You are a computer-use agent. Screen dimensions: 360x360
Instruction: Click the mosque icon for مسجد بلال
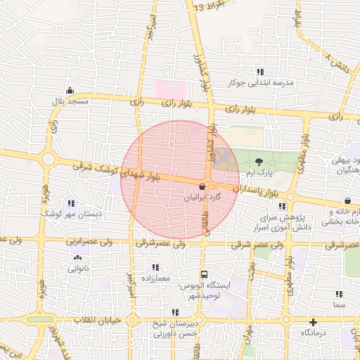click(x=69, y=91)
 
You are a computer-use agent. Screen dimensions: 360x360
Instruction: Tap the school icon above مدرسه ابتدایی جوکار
click(x=260, y=72)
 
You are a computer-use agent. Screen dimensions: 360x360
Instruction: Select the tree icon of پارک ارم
click(x=260, y=161)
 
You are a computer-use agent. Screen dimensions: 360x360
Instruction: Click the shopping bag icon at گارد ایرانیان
click(x=203, y=187)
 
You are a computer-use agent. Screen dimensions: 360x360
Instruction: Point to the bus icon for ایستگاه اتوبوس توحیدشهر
click(x=204, y=274)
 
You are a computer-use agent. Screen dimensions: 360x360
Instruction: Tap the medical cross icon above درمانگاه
click(x=313, y=321)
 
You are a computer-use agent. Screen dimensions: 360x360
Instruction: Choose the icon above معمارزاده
click(x=155, y=267)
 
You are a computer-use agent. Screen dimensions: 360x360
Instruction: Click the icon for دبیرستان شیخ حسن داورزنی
click(x=174, y=312)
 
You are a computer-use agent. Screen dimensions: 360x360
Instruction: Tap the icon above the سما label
click(x=339, y=294)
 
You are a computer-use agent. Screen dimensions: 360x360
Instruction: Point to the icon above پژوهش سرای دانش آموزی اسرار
click(x=282, y=206)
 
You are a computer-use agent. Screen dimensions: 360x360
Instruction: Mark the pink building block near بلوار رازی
click(x=171, y=89)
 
